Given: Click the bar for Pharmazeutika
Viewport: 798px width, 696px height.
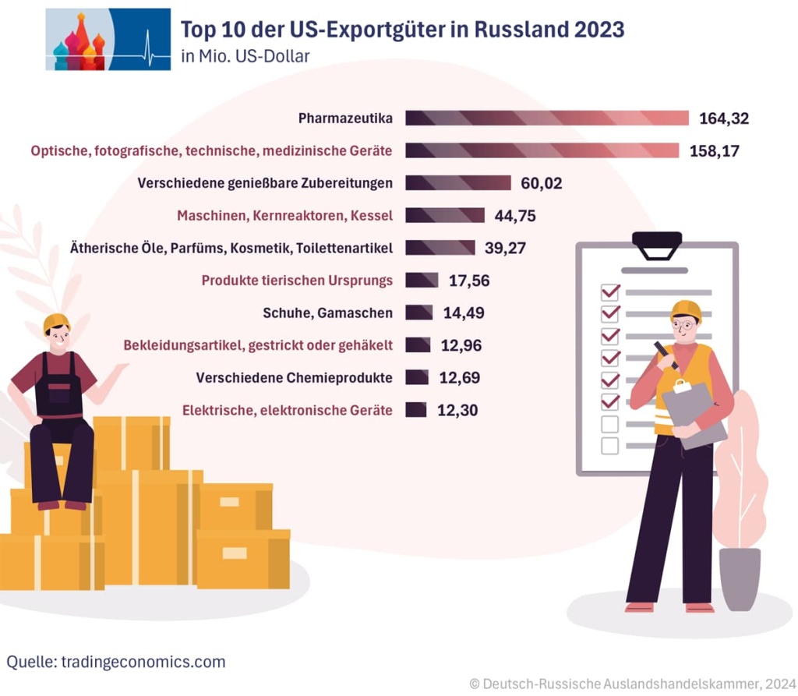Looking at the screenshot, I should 547,118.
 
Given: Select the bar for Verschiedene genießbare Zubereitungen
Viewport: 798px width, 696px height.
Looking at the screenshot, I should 458,183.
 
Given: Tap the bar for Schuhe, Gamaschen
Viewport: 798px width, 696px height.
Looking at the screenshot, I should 419,313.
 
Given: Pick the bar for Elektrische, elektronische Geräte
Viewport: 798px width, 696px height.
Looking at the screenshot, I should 416,410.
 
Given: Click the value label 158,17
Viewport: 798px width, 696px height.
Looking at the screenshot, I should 715,150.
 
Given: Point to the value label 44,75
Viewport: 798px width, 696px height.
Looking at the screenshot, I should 515,216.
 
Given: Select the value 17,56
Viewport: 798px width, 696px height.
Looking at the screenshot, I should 469,281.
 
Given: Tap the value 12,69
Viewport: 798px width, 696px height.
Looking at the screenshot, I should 459,378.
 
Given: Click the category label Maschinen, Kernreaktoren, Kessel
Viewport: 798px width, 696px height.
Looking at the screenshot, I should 284,216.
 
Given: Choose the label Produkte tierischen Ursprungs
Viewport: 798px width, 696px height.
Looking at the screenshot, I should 297,281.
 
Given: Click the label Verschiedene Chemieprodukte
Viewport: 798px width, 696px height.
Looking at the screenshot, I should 294,378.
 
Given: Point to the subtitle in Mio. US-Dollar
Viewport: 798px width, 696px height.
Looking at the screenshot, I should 245,56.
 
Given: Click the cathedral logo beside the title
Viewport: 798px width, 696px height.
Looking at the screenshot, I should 108,40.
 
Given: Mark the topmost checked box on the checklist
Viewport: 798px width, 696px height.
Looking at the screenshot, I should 610,292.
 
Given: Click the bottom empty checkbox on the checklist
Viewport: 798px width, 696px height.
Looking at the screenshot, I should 610,446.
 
